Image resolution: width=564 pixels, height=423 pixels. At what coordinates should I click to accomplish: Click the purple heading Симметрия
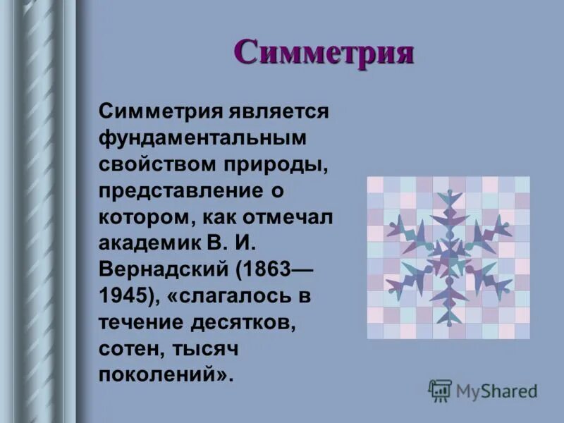pyautogui.click(x=323, y=52)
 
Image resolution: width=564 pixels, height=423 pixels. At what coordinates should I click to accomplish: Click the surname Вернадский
pyautogui.click(x=164, y=268)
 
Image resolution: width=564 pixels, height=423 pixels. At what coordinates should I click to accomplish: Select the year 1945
pyautogui.click(x=123, y=294)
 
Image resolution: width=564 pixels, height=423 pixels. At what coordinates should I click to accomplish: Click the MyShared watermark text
pyautogui.click(x=496, y=390)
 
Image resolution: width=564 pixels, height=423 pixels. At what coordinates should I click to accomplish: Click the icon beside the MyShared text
pyautogui.click(x=440, y=390)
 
